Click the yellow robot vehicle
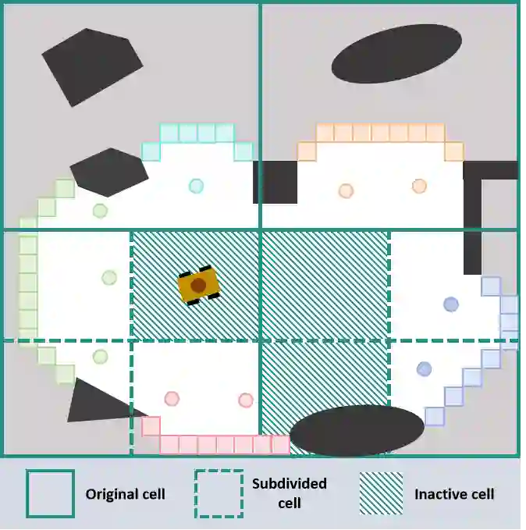pos(198,286)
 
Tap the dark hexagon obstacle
pos(108,172)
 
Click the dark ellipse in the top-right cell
pos(396,53)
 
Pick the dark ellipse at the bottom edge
pos(356,430)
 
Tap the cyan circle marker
pos(196,186)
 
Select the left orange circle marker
pos(346,190)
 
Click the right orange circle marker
pos(419,186)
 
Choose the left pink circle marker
pos(172,399)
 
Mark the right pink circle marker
pos(245,400)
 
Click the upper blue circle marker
pos(450,304)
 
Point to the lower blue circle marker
pos(424,368)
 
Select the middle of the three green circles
pos(109,277)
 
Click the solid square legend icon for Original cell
pos(50,493)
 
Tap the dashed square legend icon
pos(219,493)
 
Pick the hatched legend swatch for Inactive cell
pos(381,493)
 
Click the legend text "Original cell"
pos(125,494)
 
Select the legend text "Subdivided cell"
pos(289,493)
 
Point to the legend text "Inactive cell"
pos(454,494)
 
